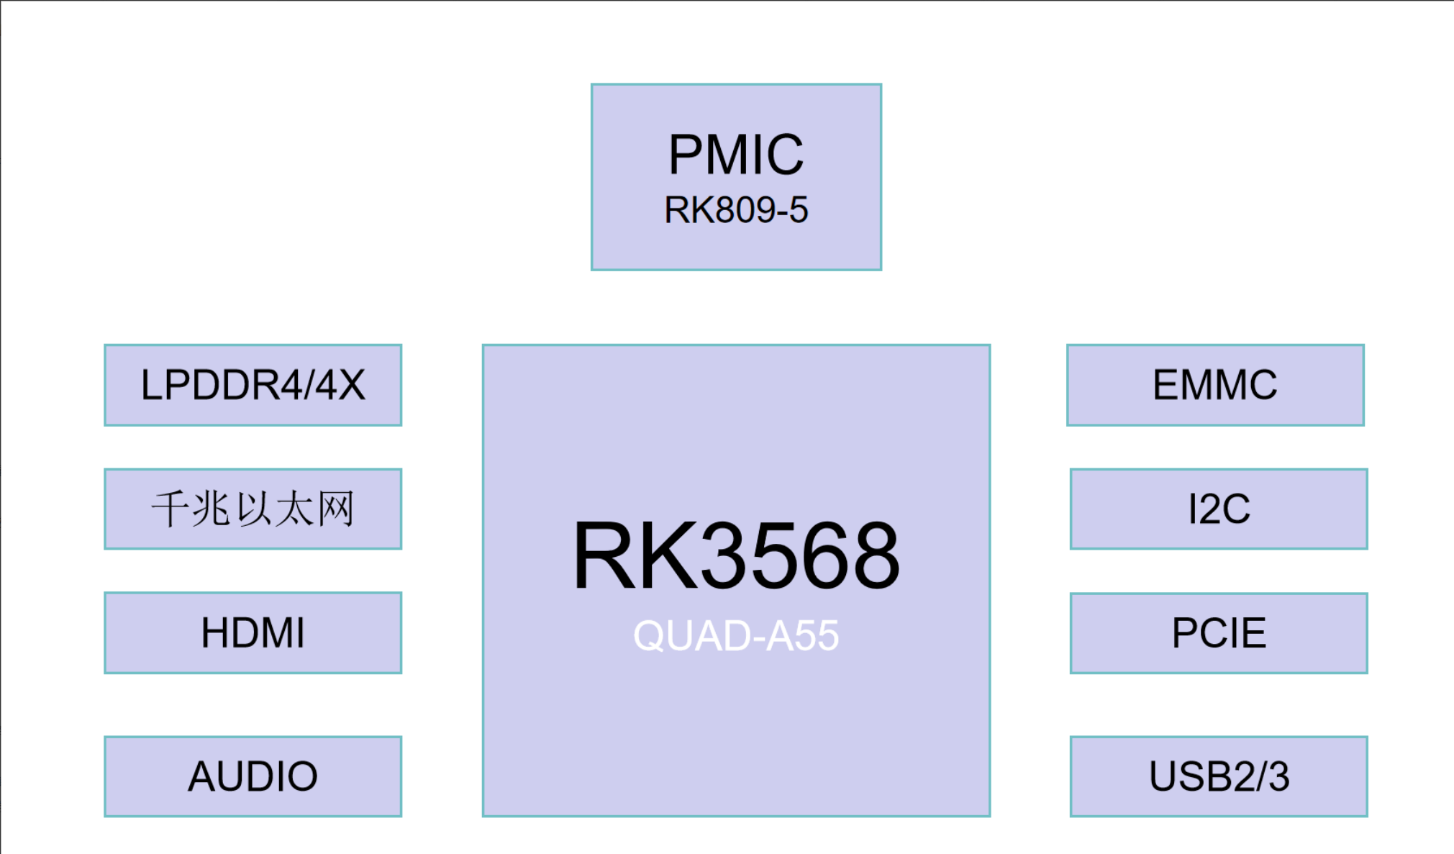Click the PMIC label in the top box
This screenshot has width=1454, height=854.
(736, 155)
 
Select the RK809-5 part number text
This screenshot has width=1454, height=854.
(736, 210)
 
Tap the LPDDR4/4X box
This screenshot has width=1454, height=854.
(253, 385)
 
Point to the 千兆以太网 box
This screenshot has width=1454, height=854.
(253, 509)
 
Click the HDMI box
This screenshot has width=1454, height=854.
(253, 632)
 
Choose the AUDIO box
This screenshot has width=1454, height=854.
(253, 776)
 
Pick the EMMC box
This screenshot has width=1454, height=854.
(1215, 385)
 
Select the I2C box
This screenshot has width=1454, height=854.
(1219, 509)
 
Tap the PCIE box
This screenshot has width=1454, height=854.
(1219, 633)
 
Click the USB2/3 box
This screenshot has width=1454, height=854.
(1219, 776)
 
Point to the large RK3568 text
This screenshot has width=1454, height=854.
(736, 556)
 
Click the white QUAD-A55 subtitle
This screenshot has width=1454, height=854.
(736, 636)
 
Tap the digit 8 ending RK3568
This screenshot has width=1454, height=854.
(872, 556)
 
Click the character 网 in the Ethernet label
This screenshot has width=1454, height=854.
(337, 509)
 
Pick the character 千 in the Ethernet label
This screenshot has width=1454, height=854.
(170, 509)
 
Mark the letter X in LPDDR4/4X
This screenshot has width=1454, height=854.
(351, 385)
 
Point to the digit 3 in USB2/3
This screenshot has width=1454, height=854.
(1278, 776)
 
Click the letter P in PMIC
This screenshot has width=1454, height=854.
(685, 155)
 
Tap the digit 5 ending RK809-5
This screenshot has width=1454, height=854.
(799, 210)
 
